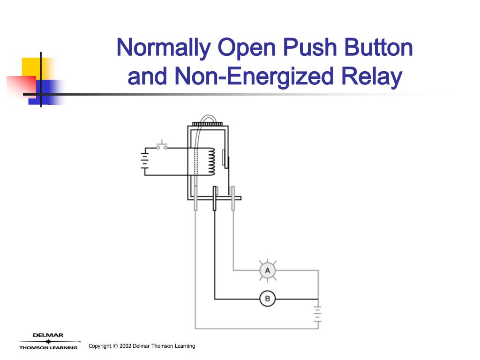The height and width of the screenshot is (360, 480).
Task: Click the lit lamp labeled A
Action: [x=268, y=270]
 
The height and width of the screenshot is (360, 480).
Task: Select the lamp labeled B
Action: [x=268, y=299]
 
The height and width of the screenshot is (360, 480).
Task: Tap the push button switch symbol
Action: [x=162, y=145]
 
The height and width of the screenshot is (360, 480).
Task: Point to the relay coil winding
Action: [x=211, y=162]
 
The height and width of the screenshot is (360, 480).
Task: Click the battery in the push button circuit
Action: [x=145, y=162]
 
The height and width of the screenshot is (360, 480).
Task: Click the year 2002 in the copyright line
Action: [x=125, y=346]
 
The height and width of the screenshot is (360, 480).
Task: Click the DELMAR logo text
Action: [x=48, y=335]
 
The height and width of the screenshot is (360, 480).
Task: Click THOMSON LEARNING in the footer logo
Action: [x=48, y=347]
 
